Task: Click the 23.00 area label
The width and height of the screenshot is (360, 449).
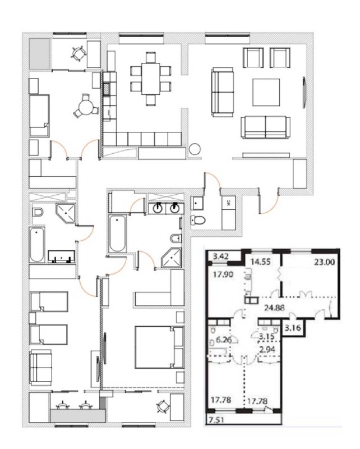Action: click(x=324, y=262)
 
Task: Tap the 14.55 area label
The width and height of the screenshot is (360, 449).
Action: click(x=260, y=262)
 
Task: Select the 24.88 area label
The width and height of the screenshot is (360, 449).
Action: click(x=274, y=308)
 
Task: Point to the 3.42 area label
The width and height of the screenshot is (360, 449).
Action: click(x=220, y=256)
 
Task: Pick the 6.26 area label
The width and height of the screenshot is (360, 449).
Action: click(x=224, y=340)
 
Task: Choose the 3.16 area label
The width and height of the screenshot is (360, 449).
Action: click(x=293, y=328)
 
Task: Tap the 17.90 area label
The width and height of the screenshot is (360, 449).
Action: click(x=223, y=274)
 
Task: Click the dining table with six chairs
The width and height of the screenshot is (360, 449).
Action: click(x=150, y=79)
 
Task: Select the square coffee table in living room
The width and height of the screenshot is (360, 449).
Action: click(x=266, y=92)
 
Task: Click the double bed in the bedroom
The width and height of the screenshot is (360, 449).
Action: click(x=159, y=347)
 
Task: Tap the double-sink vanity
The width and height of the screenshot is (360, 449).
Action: click(x=167, y=208)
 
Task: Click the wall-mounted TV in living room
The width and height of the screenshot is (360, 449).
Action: click(x=304, y=92)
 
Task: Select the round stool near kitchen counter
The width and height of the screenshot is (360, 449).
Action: click(x=195, y=149)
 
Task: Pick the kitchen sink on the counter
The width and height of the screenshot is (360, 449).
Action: click(x=107, y=89)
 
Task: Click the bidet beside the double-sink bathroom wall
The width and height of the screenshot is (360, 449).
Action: click(x=176, y=238)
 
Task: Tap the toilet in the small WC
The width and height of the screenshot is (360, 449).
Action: click(x=199, y=220)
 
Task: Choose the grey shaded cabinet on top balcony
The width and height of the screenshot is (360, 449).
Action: click(x=40, y=53)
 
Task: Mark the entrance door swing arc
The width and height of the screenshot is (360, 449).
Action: click(x=272, y=207)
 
